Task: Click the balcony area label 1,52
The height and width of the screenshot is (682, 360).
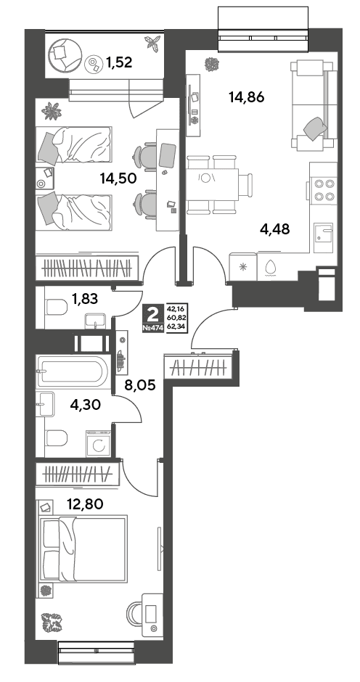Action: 119,63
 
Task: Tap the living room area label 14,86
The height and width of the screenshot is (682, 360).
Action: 247,97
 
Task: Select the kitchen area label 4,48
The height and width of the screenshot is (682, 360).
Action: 274,229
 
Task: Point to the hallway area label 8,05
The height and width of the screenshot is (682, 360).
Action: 140,385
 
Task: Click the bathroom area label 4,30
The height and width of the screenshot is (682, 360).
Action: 86,405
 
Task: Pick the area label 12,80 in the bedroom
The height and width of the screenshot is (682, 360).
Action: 85,504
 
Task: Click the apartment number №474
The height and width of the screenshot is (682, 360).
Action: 152,328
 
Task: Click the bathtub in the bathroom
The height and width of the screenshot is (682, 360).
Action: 72,371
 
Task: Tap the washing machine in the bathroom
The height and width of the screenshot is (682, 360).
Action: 99,443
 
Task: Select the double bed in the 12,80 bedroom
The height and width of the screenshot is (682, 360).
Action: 83,548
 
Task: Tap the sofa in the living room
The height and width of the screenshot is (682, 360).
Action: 313,106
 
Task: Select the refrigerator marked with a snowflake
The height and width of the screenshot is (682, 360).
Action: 243,266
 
